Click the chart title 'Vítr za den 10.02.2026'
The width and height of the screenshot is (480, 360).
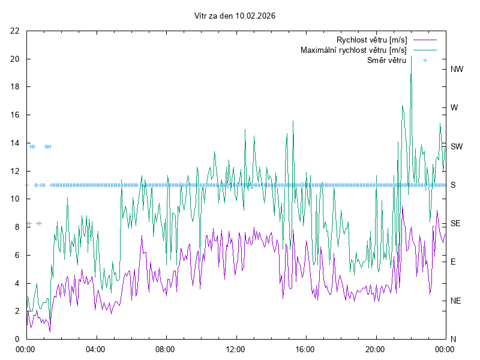235,16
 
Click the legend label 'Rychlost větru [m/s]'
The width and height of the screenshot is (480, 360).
371,40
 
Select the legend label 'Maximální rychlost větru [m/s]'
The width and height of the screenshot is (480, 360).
353,50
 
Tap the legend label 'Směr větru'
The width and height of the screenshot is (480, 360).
386,60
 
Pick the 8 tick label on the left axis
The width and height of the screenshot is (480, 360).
17,227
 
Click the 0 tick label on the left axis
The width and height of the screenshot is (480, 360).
17,339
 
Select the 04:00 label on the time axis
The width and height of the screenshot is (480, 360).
95,349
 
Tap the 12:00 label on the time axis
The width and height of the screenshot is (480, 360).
235,349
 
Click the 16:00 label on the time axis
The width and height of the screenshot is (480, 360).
305,349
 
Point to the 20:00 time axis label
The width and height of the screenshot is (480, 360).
375,349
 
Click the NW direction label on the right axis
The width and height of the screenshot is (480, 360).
457,69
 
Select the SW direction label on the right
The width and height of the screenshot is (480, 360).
457,146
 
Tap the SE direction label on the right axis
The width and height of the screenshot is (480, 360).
456,223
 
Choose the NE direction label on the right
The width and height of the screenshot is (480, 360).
456,301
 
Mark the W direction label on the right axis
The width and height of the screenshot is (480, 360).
454,108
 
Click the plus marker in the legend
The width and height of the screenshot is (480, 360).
425,60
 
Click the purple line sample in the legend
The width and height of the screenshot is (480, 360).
425,40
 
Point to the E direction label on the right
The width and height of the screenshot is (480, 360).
454,262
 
